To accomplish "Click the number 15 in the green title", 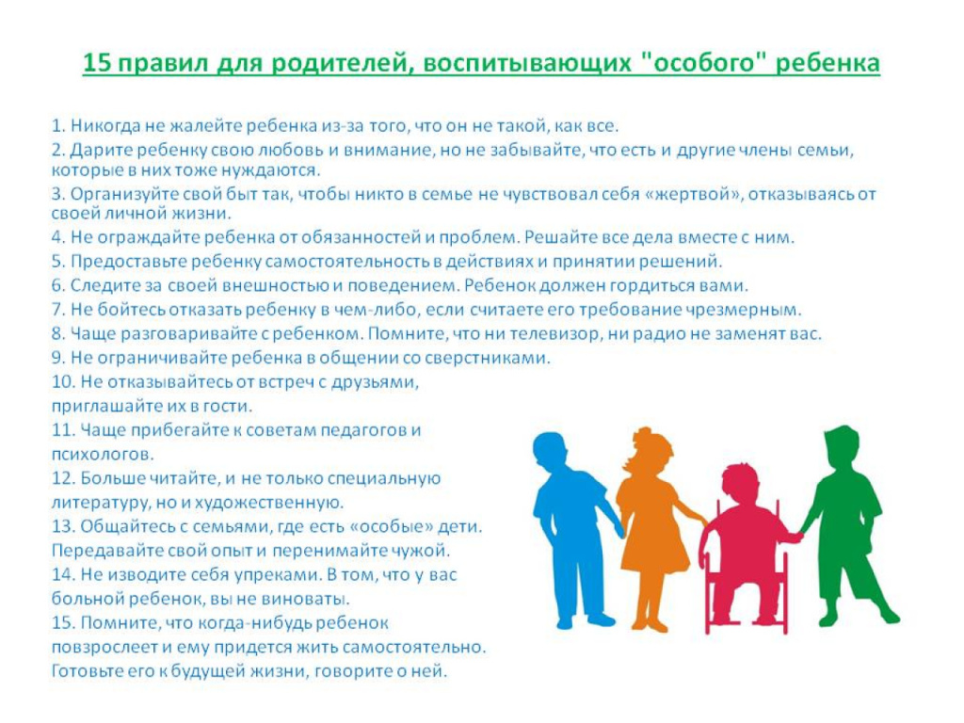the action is [x=96, y=63].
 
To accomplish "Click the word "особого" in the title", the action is [x=702, y=63].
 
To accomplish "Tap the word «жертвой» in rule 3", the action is [x=694, y=194].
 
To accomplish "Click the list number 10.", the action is [x=62, y=382].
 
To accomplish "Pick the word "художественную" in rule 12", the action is [x=268, y=503].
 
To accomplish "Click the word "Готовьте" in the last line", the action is [x=88, y=670].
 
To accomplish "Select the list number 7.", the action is [x=57, y=309].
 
